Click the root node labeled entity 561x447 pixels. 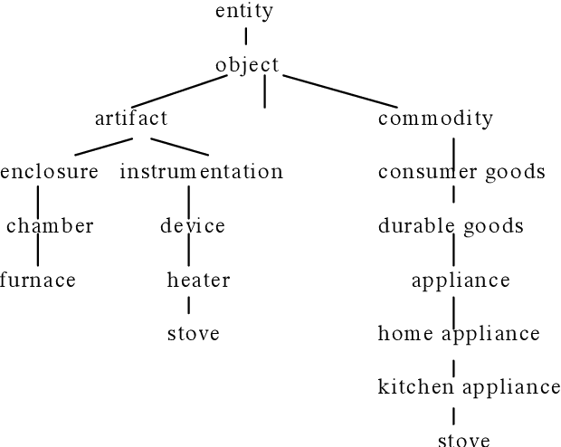click(x=244, y=12)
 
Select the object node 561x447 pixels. click(x=247, y=65)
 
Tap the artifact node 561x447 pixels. click(x=131, y=119)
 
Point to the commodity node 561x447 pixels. click(x=435, y=119)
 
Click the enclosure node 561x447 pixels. click(x=49, y=172)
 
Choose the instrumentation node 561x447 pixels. click(x=201, y=172)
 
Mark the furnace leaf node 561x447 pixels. click(x=37, y=281)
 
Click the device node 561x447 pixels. click(x=193, y=226)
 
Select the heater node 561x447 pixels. click(x=198, y=281)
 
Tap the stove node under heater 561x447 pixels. click(x=194, y=334)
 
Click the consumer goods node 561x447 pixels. click(x=461, y=172)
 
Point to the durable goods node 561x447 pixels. click(x=451, y=226)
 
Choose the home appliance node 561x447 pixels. click(x=459, y=334)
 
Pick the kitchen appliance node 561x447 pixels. click(x=469, y=388)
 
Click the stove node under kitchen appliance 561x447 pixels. click(x=463, y=441)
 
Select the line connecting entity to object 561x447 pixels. click(x=245, y=37)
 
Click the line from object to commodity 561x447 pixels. click(x=339, y=90)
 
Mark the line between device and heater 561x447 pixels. click(x=188, y=252)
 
